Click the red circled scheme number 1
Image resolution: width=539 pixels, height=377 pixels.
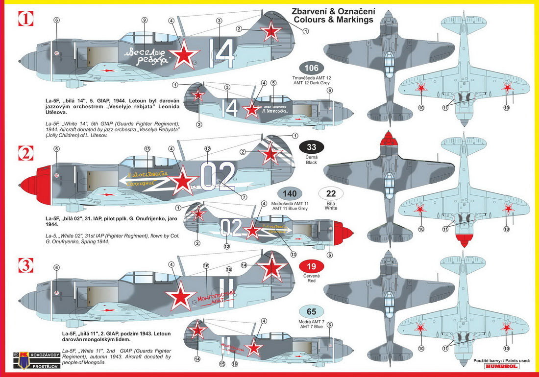pyautogui.click(x=25, y=19)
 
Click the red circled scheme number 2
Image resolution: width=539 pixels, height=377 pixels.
pyautogui.click(x=25, y=153)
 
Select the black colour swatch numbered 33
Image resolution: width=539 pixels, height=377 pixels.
pyautogui.click(x=311, y=147)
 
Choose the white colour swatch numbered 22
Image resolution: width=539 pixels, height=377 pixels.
pyautogui.click(x=331, y=193)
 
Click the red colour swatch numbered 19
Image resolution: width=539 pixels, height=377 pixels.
pyautogui.click(x=311, y=267)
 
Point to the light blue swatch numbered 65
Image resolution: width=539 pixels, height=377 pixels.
pyautogui.click(x=311, y=311)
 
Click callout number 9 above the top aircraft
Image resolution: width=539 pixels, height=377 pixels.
pyautogui.click(x=144, y=20)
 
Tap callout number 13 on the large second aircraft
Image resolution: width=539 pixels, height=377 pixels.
pyautogui.click(x=147, y=149)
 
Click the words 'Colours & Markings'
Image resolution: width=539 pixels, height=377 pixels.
pyautogui.click(x=333, y=20)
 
